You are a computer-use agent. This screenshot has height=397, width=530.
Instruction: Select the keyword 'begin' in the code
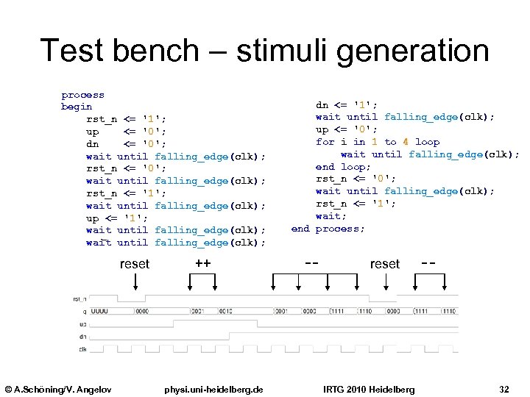(77, 107)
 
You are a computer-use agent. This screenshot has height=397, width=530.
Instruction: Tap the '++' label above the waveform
(203, 262)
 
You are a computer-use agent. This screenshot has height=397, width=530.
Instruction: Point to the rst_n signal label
(79, 298)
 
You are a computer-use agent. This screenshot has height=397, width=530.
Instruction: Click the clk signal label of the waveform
(82, 348)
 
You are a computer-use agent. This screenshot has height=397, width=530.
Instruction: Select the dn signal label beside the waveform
(82, 336)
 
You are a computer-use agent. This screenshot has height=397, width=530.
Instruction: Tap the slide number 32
(504, 389)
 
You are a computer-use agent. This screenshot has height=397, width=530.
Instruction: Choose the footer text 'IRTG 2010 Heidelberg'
(369, 389)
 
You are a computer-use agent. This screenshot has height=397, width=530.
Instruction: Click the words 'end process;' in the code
(328, 229)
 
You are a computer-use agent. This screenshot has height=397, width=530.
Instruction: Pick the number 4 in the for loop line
(406, 142)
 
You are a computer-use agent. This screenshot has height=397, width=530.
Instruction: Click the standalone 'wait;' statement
(328, 216)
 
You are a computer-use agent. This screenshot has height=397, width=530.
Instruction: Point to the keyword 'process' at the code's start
(82, 95)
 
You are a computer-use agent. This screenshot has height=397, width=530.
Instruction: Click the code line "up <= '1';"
(117, 218)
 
